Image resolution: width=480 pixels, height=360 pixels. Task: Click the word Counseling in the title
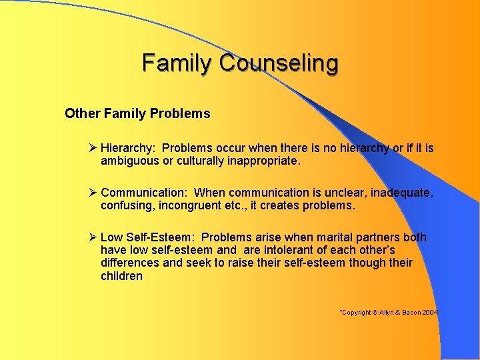coord(279,63)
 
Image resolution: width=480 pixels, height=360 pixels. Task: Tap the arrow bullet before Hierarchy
coord(93,148)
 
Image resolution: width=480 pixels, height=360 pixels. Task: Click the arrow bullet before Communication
coord(93,193)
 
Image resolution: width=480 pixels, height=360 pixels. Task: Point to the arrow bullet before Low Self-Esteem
coord(93,237)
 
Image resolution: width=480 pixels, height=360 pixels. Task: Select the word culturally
coord(201,161)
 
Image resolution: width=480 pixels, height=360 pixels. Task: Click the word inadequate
coord(402,193)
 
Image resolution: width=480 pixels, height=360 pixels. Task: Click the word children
coord(121,276)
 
